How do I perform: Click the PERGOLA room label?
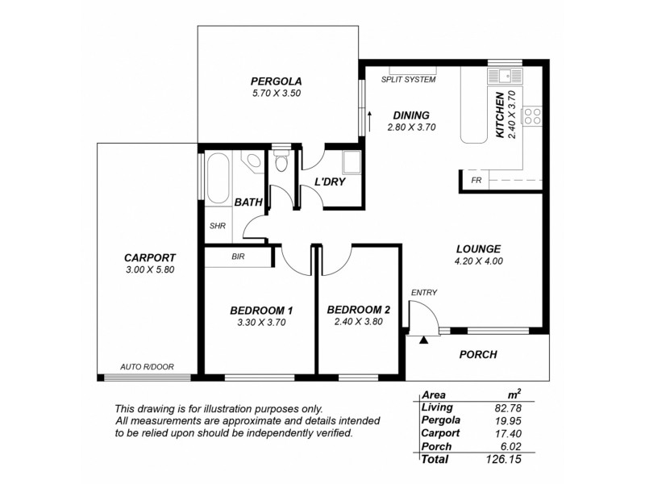click(276, 81)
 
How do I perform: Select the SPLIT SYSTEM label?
click(409, 80)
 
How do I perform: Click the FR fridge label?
click(476, 180)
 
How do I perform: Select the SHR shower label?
click(217, 227)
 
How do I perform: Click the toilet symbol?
click(281, 163)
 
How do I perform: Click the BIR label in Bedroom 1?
click(238, 257)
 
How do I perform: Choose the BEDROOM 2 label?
click(359, 309)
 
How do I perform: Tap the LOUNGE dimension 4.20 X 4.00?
click(478, 261)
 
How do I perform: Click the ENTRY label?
click(424, 292)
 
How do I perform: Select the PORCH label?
click(478, 354)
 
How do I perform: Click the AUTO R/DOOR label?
click(144, 366)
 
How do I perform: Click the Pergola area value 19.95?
click(506, 420)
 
